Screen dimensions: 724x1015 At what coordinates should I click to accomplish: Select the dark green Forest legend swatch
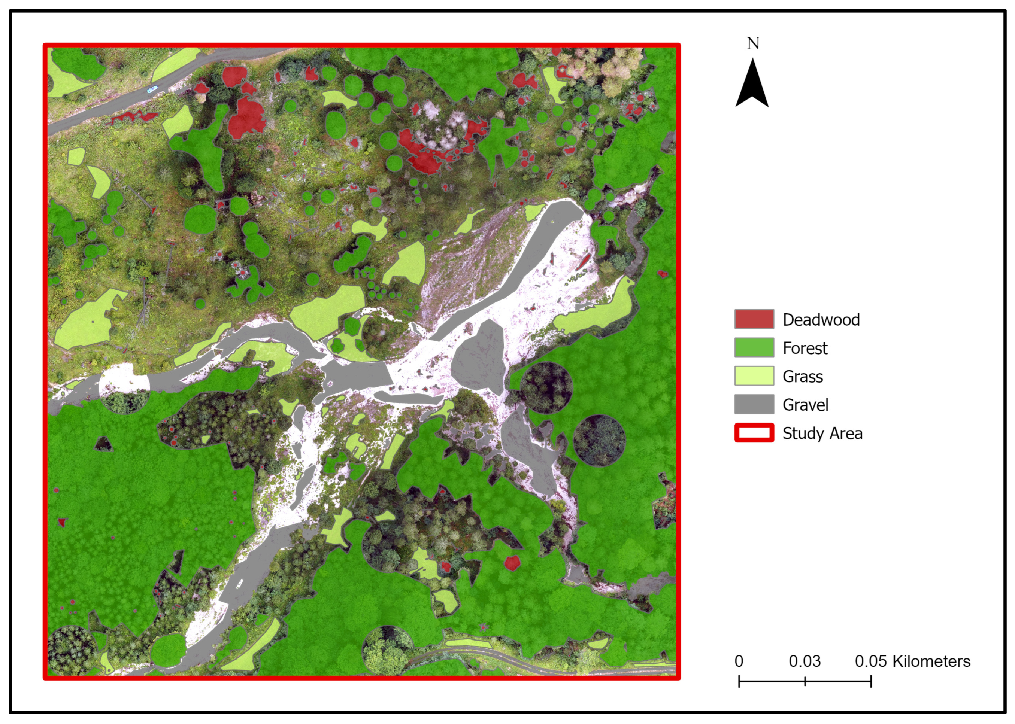tap(754, 347)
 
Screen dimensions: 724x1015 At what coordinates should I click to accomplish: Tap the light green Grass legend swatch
tap(754, 376)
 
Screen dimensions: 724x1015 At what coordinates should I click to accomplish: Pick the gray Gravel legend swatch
tap(754, 404)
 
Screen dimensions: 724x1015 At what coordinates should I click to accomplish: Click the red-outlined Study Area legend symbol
tap(754, 433)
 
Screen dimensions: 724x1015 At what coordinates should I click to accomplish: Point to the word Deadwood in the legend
tap(821, 320)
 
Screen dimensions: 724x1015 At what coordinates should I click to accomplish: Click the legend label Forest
tap(805, 348)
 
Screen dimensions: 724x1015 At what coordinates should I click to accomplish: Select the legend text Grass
tap(803, 377)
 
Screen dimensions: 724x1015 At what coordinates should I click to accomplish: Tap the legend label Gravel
tap(805, 405)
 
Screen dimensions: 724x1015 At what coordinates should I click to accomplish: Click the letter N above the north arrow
tap(753, 43)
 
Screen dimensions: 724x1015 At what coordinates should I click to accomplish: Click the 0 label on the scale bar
tap(739, 661)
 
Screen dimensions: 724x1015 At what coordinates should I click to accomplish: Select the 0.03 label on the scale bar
tap(805, 661)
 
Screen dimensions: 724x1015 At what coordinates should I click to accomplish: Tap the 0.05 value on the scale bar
tap(870, 661)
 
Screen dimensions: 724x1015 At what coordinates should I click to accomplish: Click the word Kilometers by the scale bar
tap(931, 661)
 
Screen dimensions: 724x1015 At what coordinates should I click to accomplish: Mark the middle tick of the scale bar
tap(805, 681)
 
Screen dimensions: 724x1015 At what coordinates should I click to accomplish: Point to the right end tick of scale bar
tap(871, 681)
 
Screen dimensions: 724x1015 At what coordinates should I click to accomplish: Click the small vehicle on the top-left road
tap(152, 89)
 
